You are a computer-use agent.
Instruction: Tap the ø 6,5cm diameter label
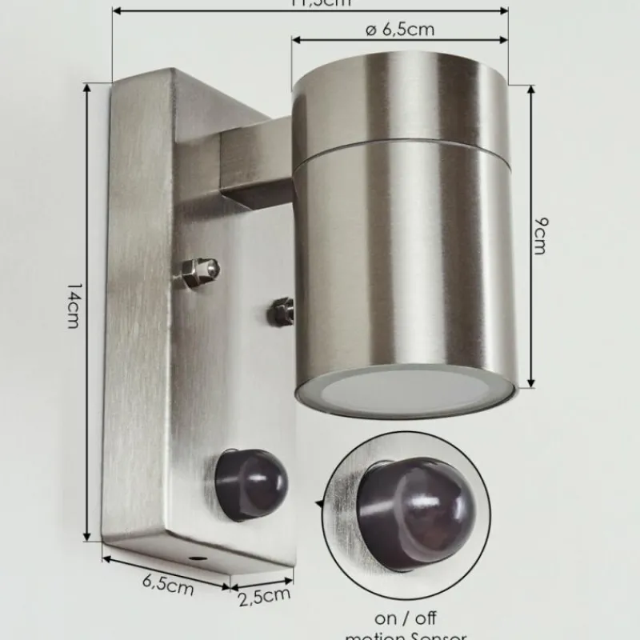tap(399, 30)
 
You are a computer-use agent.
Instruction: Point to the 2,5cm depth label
tap(263, 594)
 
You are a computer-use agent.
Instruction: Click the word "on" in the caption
tap(386, 618)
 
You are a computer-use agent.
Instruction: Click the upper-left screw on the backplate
tap(199, 272)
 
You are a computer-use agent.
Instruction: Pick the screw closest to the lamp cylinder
tap(282, 310)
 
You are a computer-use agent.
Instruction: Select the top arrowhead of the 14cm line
tap(87, 87)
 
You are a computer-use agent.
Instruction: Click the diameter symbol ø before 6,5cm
tap(370, 30)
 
